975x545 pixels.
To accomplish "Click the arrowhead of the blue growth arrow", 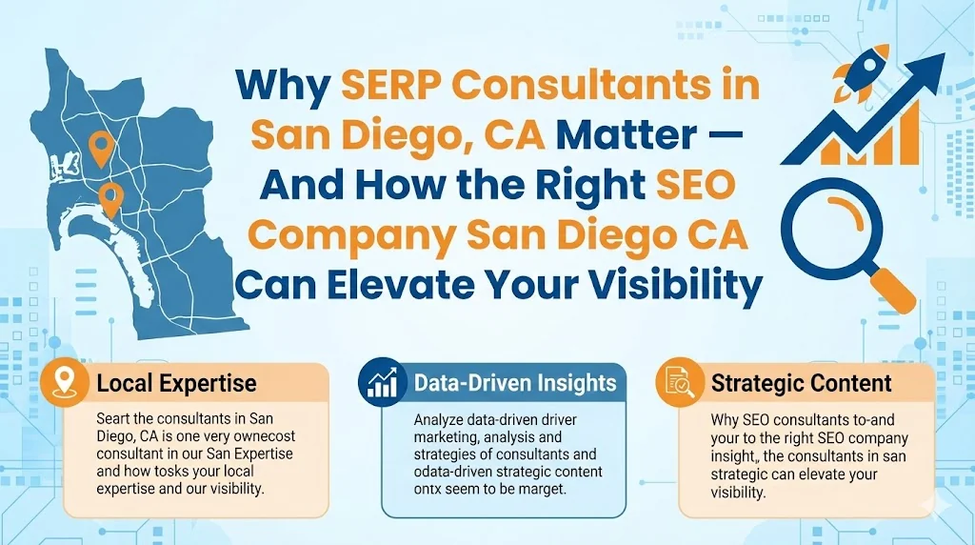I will (x=927, y=70).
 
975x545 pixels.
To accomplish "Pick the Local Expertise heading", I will (x=176, y=384).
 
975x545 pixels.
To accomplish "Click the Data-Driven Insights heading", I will (x=515, y=383).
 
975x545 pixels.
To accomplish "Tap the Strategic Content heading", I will (x=801, y=384).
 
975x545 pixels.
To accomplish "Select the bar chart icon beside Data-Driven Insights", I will (x=383, y=384).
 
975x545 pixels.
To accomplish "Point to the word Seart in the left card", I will (x=115, y=419).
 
